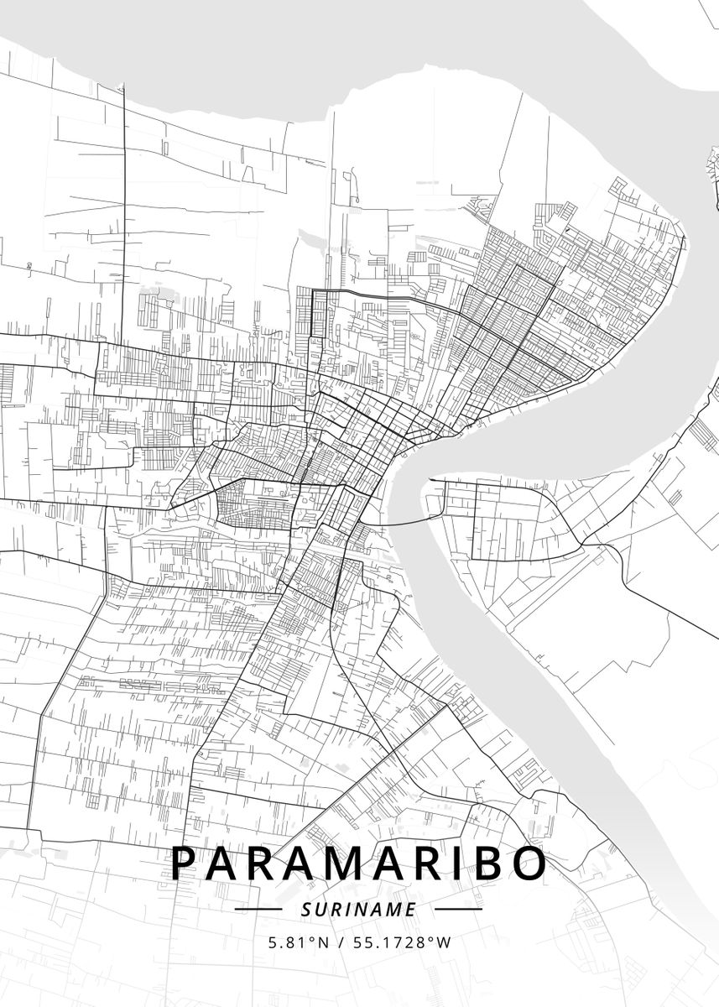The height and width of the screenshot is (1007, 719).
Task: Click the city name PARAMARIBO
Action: click(359, 864)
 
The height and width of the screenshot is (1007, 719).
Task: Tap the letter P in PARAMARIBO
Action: click(185, 864)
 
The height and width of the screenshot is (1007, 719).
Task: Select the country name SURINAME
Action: click(359, 909)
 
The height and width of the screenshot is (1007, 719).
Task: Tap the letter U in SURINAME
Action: click(322, 909)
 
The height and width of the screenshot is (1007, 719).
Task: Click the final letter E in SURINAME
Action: click(411, 909)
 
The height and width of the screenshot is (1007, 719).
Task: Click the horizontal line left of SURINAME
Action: click(258, 909)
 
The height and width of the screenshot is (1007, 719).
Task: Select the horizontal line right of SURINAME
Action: click(459, 909)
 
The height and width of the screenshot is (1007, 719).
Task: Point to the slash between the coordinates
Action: click(341, 942)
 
